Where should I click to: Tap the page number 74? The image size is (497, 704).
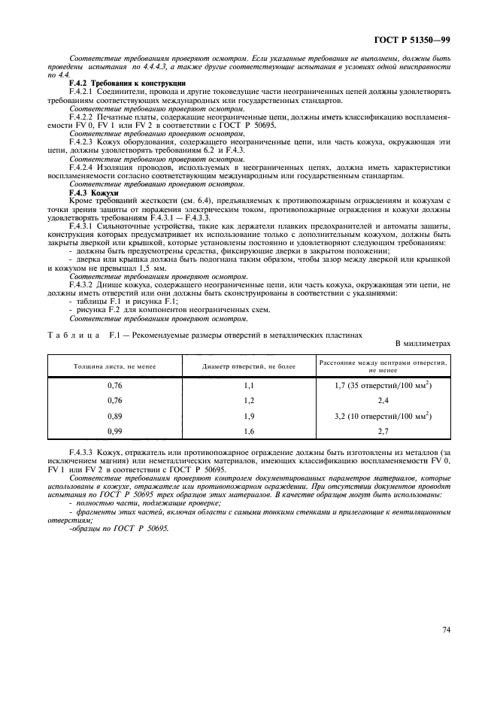tap(446, 631)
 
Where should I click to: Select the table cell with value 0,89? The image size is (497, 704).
tap(115, 414)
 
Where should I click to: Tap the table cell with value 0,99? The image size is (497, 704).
tap(115, 429)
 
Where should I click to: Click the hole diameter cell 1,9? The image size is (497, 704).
tap(250, 414)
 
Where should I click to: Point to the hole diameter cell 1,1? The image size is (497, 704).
tap(250, 385)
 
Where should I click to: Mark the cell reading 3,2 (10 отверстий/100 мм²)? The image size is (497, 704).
tap(383, 414)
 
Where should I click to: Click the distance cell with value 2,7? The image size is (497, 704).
tap(383, 429)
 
